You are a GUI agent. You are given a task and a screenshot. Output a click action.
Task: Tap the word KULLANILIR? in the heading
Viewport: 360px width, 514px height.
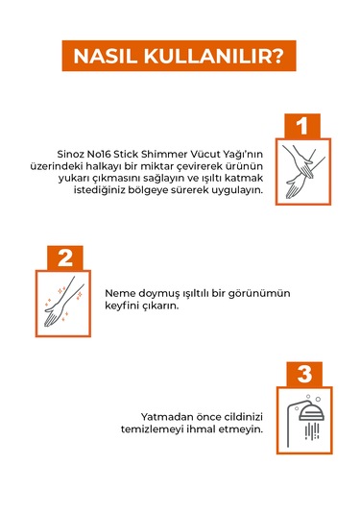pyautogui.click(x=213, y=57)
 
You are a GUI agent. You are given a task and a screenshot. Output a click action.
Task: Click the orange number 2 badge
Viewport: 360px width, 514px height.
pyautogui.click(x=64, y=257)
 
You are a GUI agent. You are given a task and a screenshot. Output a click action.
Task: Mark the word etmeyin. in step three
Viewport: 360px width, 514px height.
pyautogui.click(x=244, y=428)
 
